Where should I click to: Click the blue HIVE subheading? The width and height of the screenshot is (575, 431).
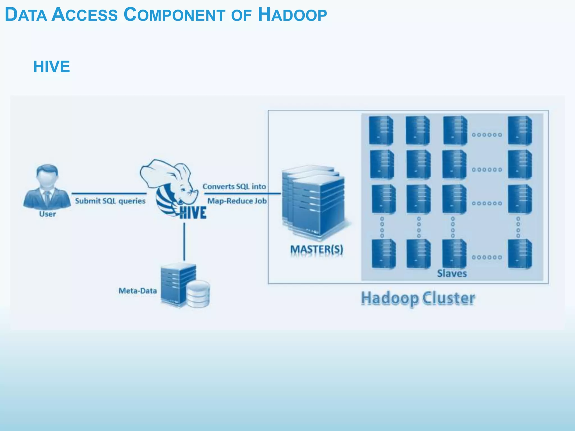52,67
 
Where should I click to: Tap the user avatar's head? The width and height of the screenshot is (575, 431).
47,175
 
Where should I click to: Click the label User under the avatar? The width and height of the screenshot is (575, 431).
47,214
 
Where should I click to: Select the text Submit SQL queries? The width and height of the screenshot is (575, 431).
110,201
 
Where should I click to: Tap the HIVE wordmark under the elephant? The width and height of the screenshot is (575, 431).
193,213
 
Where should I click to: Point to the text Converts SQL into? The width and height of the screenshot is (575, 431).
234,187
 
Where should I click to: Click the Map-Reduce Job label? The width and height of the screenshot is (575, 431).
237,201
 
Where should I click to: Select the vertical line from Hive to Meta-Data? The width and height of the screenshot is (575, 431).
184,241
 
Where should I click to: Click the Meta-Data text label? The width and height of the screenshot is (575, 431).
138,291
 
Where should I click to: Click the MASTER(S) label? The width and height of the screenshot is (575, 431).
316,249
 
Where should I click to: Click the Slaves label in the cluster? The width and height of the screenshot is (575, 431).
452,273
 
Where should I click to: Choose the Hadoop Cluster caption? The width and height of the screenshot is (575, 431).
418,298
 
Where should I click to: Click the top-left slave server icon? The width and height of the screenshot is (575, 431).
381,130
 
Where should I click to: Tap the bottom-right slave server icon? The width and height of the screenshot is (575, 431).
520,254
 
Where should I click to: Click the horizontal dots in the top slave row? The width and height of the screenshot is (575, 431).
487,135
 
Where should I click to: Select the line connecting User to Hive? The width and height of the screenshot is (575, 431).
109,193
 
